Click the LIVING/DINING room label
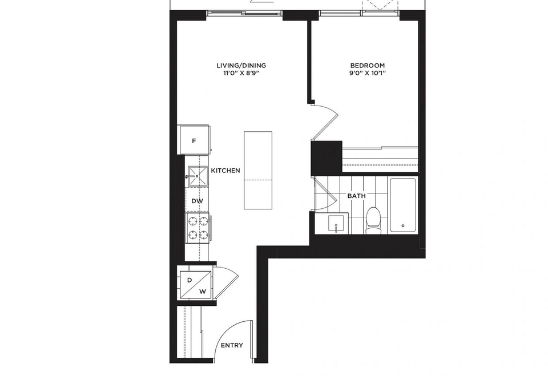241,66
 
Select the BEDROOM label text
367,66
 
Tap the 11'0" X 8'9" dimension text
241,74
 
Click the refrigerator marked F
194,140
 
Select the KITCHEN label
225,171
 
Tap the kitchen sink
197,176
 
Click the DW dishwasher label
197,201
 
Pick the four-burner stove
198,228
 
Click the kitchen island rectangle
258,171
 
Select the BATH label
356,196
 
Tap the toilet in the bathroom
373,221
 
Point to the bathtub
403,205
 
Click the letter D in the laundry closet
190,280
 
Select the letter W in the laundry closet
202,292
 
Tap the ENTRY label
232,345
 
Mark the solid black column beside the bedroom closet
327,158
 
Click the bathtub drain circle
403,226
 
